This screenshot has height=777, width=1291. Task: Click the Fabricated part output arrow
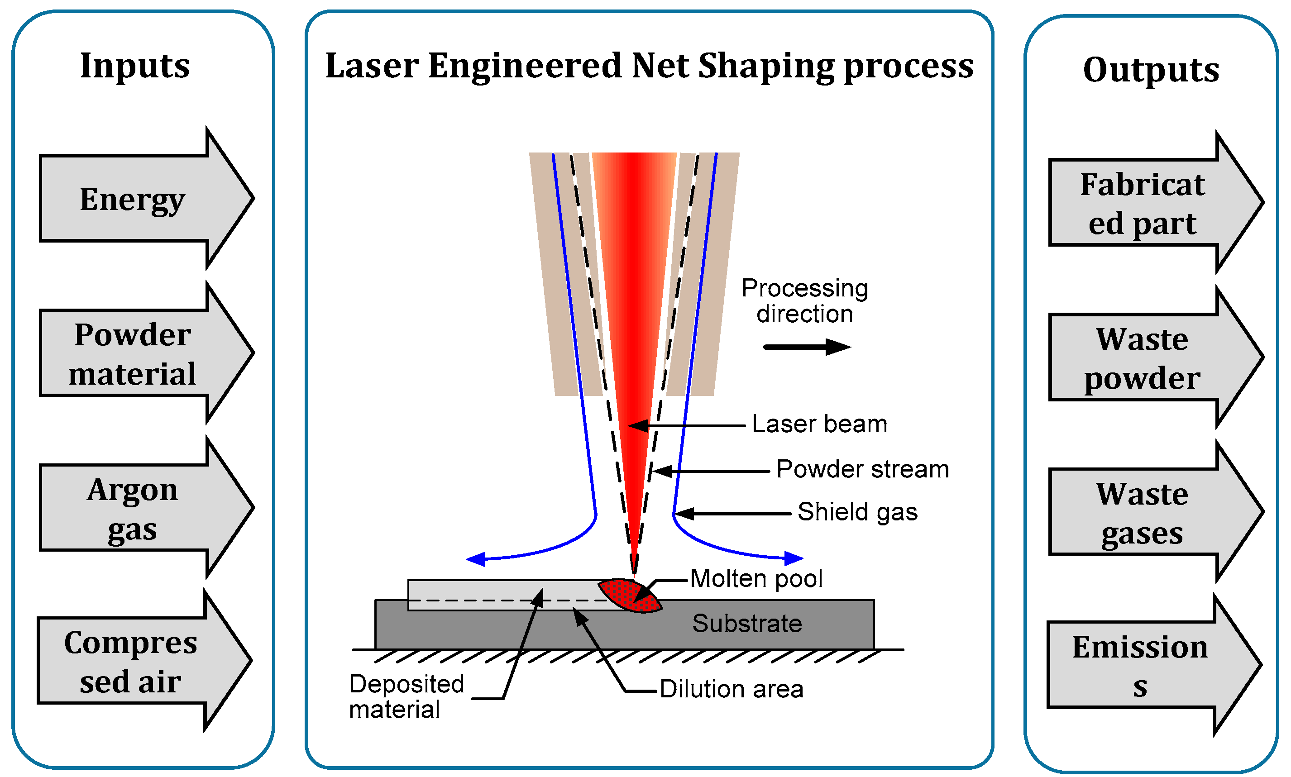click(x=1142, y=203)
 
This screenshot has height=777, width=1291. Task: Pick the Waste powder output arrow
click(x=1142, y=357)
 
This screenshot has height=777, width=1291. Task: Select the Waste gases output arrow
click(x=1142, y=512)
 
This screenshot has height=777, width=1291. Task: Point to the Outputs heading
click(x=1151, y=69)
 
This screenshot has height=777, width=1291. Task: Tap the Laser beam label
click(x=819, y=424)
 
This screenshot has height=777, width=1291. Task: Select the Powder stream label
click(x=862, y=469)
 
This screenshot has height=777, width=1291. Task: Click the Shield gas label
click(x=857, y=512)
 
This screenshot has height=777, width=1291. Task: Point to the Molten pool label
click(x=756, y=578)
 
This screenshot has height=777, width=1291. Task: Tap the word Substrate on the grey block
click(x=747, y=623)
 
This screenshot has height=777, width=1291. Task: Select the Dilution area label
click(x=731, y=689)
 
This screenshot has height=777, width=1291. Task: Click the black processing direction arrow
click(x=807, y=347)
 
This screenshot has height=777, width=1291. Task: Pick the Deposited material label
click(x=406, y=696)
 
